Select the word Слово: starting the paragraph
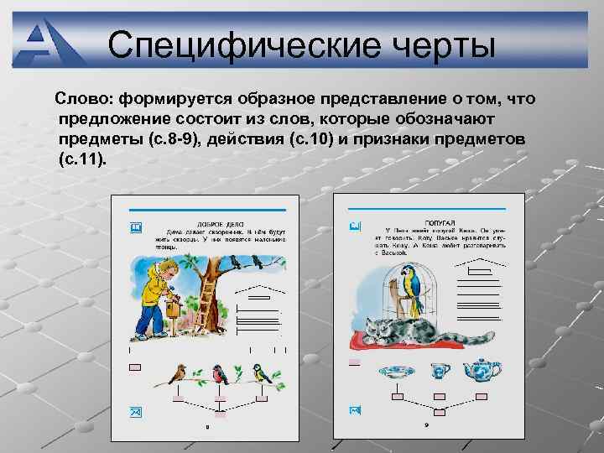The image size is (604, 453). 85,100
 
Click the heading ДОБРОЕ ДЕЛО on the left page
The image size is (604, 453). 221,224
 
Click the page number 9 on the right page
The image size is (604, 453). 427,426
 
